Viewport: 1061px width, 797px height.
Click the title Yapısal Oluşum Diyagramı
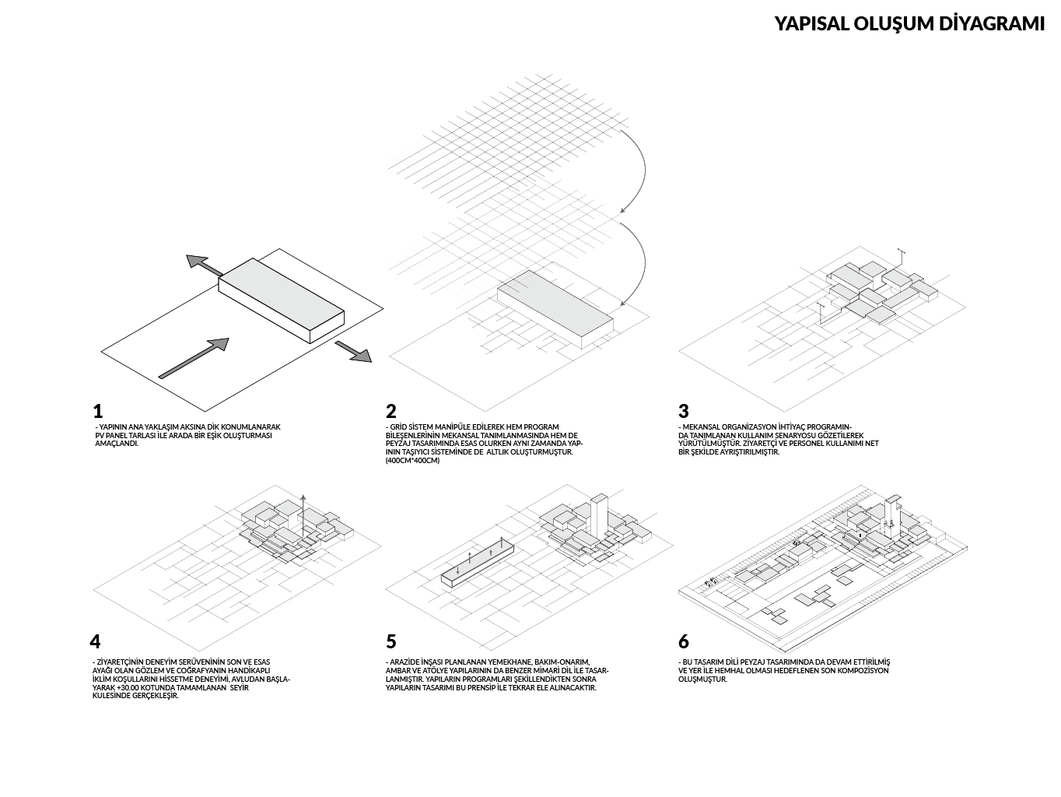(x=909, y=23)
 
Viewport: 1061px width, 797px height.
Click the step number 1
(x=97, y=411)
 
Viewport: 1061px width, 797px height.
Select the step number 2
(x=390, y=411)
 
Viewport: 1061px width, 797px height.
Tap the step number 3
(x=683, y=411)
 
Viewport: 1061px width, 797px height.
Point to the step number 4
(x=95, y=641)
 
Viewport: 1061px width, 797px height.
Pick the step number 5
(x=390, y=641)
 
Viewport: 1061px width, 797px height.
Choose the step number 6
(x=683, y=641)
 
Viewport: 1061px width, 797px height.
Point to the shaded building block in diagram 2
(x=554, y=304)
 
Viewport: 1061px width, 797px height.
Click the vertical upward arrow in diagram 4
(x=304, y=514)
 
